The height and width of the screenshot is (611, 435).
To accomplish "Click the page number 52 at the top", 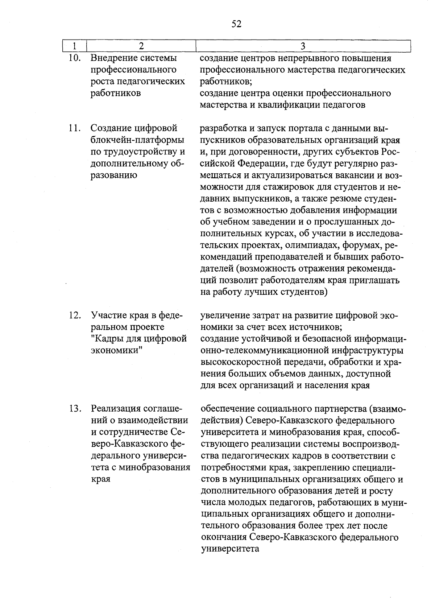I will (x=236, y=24).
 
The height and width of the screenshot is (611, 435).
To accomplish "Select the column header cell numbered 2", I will (x=141, y=46).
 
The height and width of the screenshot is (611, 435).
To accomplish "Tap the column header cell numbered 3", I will (x=303, y=46).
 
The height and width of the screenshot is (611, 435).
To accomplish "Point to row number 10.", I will (x=74, y=58).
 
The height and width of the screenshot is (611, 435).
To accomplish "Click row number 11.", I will (x=74, y=128).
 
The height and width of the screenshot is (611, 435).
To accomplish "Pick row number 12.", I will (x=74, y=315).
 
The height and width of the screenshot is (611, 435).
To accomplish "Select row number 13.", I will (x=74, y=409).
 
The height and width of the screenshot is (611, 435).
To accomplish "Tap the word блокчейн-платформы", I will (x=137, y=140).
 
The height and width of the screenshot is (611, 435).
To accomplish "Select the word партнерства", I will (x=336, y=409).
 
